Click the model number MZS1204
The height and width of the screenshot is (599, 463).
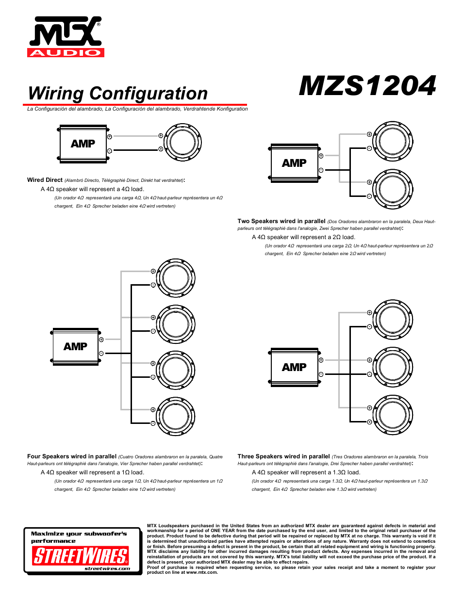tap(367, 86)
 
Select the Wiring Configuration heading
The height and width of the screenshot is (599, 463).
tap(118, 93)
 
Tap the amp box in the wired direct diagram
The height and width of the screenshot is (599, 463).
tap(83, 144)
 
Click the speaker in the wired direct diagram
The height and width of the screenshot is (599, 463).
tap(182, 143)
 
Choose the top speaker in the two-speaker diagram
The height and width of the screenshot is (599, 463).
tap(393, 141)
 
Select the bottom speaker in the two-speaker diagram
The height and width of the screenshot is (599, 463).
tap(393, 189)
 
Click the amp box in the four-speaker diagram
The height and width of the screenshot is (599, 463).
tap(76, 346)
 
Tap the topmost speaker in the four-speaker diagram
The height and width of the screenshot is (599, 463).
tap(175, 278)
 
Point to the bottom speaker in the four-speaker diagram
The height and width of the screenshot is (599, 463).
tap(175, 416)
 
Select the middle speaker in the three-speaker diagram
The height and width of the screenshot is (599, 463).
tap(393, 367)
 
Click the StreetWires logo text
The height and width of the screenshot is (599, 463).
tap(81, 555)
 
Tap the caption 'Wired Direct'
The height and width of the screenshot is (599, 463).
tap(45, 180)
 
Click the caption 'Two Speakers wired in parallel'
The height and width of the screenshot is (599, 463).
tap(281, 221)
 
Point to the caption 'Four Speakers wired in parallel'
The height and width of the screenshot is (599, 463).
tap(72, 456)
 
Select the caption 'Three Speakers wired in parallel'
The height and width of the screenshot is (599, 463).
tap(284, 456)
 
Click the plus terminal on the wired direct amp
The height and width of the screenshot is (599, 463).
tap(110, 137)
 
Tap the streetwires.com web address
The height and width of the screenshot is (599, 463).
tap(107, 569)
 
